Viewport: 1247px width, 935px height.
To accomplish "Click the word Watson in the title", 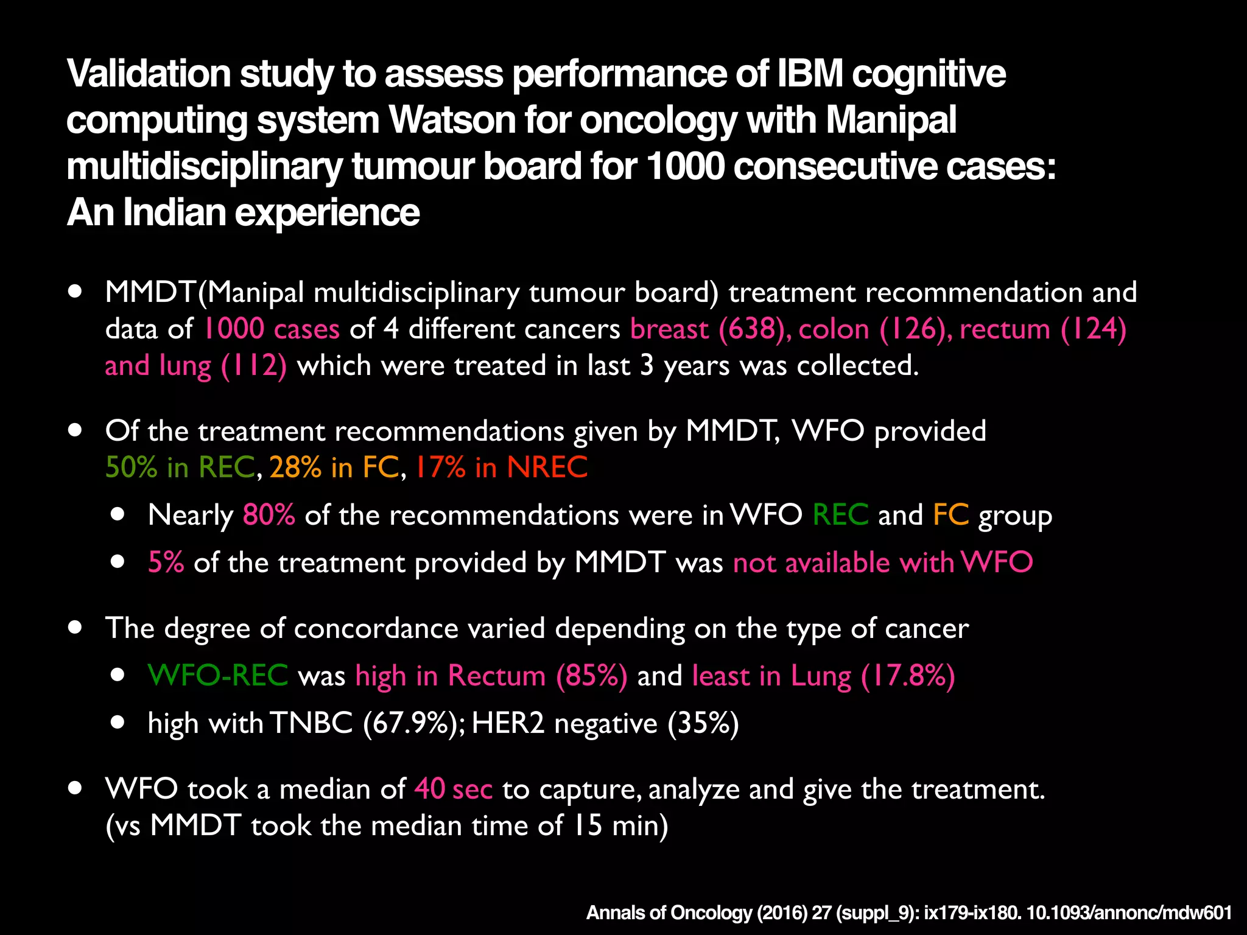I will tap(453, 120).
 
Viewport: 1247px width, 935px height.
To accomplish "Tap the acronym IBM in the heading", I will tap(809, 74).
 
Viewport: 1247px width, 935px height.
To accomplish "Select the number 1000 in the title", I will tap(685, 166).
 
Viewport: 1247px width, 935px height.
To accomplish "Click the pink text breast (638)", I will tap(709, 329).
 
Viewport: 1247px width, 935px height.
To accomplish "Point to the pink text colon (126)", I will tap(874, 329).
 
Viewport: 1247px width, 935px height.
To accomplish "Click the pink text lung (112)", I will tap(223, 366).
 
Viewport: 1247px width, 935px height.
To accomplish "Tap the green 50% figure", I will tap(131, 467).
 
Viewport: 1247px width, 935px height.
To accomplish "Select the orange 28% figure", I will tap(295, 467).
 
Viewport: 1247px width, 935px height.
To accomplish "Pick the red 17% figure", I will tap(440, 467).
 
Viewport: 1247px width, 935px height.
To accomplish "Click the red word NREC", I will tap(547, 467).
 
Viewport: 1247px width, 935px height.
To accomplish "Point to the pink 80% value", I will tap(269, 515).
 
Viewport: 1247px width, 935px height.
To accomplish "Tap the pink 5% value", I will tap(166, 562).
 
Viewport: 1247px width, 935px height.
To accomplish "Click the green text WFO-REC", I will tap(218, 676).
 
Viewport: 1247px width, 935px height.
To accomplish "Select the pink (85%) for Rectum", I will tap(591, 676).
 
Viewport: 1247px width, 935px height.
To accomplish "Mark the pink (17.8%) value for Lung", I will tap(908, 676).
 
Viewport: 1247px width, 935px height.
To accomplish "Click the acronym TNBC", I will tap(311, 723).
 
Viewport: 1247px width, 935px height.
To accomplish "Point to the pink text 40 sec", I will tap(453, 790).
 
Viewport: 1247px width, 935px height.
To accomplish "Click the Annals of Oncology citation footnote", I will tap(908, 913).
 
